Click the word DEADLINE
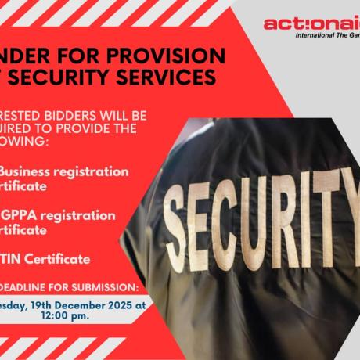(x=32, y=286)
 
